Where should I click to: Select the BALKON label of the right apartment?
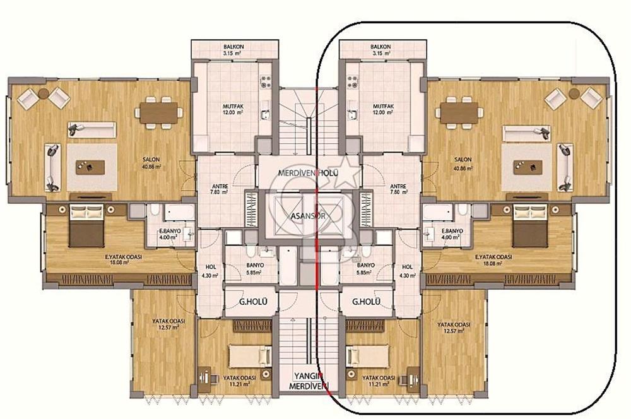tap(381, 47)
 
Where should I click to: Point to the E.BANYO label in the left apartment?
tap(170, 231)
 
